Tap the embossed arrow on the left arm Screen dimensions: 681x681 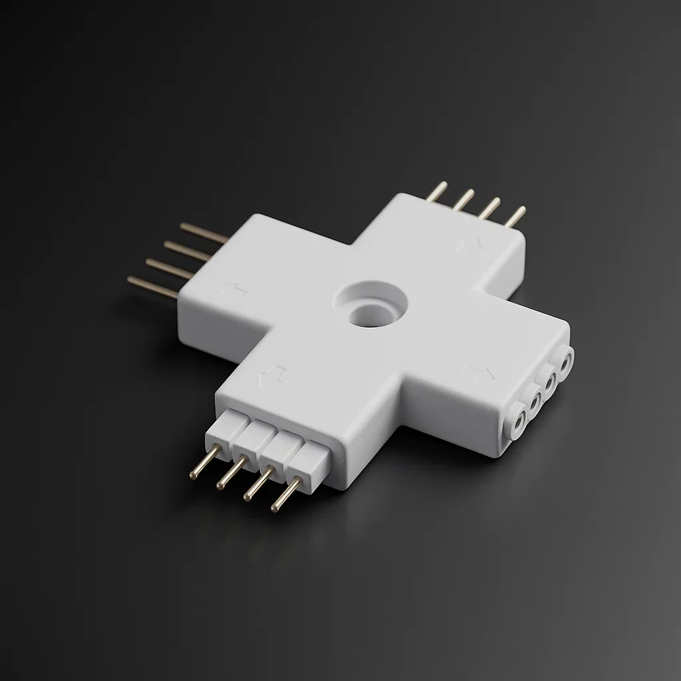click(232, 290)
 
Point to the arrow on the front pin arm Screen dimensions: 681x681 click(272, 376)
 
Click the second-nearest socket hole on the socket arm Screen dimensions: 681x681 click(533, 400)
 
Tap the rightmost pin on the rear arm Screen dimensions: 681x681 click(516, 216)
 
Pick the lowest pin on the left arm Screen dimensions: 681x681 click(153, 287)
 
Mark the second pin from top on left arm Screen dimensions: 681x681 click(188, 251)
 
